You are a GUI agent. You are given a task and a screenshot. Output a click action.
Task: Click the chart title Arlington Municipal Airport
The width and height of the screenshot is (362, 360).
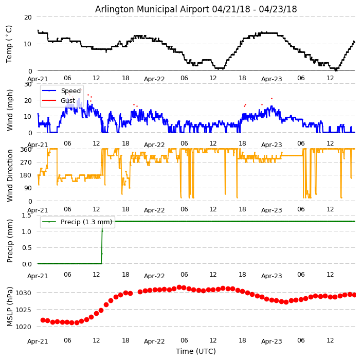click(x=196, y=9)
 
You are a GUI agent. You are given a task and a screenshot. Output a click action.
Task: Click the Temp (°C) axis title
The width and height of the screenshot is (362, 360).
click(x=9, y=44)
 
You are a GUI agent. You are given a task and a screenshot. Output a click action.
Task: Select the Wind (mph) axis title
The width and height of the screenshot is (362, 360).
click(x=10, y=109)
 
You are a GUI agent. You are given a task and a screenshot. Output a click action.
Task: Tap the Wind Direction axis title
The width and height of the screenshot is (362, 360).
click(x=10, y=175)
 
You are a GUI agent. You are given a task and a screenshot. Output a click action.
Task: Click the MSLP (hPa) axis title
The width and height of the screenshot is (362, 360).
click(x=10, y=305)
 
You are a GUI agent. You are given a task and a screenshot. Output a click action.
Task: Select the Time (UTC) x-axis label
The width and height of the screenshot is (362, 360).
click(x=196, y=351)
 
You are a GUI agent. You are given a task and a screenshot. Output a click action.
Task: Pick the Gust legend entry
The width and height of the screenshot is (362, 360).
click(x=67, y=101)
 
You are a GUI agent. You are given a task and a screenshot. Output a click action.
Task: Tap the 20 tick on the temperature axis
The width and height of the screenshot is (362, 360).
click(x=27, y=17)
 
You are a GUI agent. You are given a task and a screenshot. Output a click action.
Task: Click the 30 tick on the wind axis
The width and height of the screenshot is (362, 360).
click(x=27, y=84)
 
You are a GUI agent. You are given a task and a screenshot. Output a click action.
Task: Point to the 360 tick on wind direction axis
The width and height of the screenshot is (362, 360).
click(x=25, y=149)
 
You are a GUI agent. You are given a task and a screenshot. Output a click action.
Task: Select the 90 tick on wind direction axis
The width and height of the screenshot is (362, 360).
click(x=27, y=188)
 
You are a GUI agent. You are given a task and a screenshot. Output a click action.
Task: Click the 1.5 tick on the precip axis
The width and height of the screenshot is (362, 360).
click(x=26, y=215)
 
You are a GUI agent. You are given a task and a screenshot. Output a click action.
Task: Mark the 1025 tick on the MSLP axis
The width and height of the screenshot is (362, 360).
click(x=23, y=310)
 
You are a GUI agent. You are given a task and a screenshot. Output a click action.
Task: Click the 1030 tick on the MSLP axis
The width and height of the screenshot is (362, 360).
click(x=23, y=293)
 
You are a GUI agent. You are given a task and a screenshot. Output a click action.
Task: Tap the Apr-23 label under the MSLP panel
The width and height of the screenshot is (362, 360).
click(x=271, y=341)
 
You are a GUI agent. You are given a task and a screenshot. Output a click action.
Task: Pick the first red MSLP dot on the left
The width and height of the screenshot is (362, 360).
click(x=43, y=320)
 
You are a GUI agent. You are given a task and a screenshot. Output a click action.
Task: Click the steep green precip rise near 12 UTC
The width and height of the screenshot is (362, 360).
click(x=102, y=242)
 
